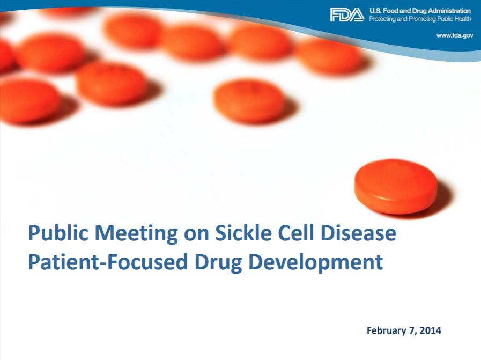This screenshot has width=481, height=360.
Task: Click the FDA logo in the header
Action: coord(347,14)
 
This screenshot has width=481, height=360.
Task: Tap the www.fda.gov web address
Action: coord(455,35)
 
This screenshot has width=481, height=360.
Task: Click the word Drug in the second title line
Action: coord(218,263)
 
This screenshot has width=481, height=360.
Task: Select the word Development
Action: coord(316,263)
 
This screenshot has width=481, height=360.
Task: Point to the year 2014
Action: coord(431,330)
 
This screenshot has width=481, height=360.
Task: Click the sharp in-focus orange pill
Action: coord(396,186)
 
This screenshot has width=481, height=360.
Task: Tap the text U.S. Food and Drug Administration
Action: coord(420,11)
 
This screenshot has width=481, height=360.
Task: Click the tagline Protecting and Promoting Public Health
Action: coord(420,19)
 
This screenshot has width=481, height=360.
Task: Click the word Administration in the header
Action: coord(449,11)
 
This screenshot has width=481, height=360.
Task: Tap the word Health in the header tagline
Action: coord(463,19)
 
